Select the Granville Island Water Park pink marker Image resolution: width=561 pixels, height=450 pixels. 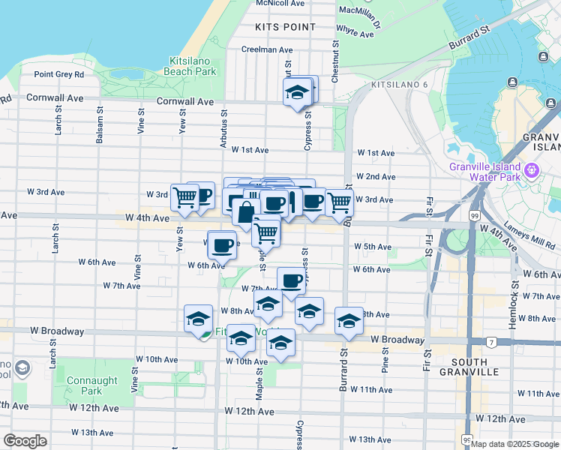pyautogui.click(x=532, y=171)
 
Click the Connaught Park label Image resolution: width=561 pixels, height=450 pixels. pyautogui.click(x=91, y=385)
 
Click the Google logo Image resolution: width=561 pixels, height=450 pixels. pyautogui.click(x=25, y=441)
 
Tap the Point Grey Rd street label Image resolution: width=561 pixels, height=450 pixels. pyautogui.click(x=58, y=74)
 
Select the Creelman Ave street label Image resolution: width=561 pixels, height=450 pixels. pyautogui.click(x=266, y=49)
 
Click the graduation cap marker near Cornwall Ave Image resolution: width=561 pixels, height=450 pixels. pyautogui.click(x=297, y=94)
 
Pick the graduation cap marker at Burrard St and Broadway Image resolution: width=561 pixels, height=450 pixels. pyautogui.click(x=348, y=321)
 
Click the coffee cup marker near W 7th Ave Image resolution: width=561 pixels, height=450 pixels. pyautogui.click(x=291, y=282)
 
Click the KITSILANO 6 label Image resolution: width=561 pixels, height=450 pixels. pyautogui.click(x=403, y=84)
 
